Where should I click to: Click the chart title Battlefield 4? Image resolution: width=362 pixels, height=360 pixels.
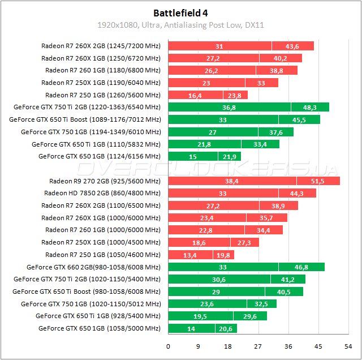point(180,12)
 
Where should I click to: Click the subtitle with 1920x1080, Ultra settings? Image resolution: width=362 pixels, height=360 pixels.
point(180,25)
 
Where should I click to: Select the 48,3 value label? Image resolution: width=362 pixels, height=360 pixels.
point(310,108)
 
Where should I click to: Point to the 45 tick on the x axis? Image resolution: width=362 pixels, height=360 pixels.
point(319,346)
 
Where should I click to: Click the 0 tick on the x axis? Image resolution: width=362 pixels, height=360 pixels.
point(168,346)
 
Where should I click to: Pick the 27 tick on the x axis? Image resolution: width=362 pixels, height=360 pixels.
point(258,346)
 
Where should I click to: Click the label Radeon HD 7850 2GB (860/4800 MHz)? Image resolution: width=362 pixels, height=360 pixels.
point(102,194)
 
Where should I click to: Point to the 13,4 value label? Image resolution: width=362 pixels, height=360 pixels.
point(190,255)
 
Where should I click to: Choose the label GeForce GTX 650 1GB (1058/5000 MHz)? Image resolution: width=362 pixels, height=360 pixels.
point(99,329)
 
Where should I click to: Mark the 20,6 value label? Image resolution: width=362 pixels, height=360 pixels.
point(226,329)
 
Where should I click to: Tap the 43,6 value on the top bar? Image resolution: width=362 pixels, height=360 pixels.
point(292,46)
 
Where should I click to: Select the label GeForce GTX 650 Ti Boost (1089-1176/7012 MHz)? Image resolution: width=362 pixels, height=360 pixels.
point(85,119)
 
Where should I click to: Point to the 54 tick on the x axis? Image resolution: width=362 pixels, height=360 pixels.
point(350,346)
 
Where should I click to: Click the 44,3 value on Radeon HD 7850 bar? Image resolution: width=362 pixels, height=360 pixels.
point(296,194)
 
